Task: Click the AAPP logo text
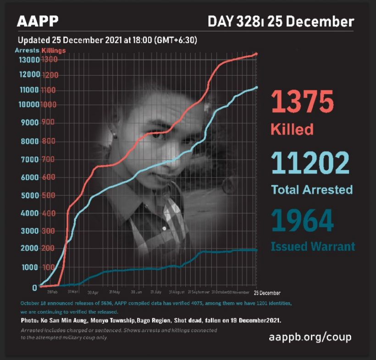point(37,22)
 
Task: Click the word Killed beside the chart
point(292,129)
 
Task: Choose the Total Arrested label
point(311,189)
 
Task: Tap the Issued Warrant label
point(313,246)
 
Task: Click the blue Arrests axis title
point(27,50)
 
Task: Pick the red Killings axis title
point(54,50)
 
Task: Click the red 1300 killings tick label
point(49,60)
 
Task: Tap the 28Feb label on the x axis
point(52,292)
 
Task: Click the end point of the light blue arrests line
point(256,87)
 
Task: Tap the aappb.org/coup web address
point(310,337)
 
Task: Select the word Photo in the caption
point(30,320)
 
